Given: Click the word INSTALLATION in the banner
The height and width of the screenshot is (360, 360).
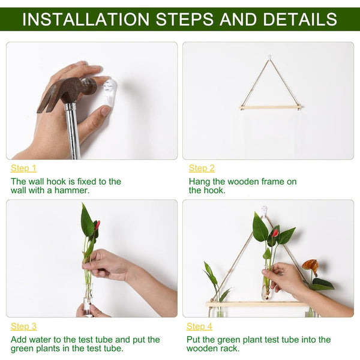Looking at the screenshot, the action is coord(86,19).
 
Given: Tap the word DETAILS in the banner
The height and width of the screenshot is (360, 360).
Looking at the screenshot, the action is coord(300,19).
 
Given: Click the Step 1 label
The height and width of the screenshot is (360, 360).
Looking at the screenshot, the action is coord(23,168).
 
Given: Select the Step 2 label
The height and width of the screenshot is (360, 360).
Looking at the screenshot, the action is coord(202,168).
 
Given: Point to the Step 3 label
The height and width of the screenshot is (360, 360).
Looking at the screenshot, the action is coord(23,326).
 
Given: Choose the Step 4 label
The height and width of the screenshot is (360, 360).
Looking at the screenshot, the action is coord(199,326).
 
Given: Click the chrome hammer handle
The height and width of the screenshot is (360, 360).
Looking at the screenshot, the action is coord(73,131).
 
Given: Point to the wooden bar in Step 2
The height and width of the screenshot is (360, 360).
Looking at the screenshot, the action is coord(270,107).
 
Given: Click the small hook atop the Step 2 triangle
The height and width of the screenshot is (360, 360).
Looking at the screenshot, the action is coord(269,57).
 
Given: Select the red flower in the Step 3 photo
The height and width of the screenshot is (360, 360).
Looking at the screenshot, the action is coord(97,225).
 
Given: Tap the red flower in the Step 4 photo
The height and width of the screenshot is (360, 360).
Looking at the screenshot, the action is coord(275,233).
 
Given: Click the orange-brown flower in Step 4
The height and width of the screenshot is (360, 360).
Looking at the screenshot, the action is coord(310,266).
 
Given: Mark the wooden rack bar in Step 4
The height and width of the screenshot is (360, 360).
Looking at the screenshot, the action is coord(256,304).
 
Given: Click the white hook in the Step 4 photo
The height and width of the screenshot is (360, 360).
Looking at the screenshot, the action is coord(264,210).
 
